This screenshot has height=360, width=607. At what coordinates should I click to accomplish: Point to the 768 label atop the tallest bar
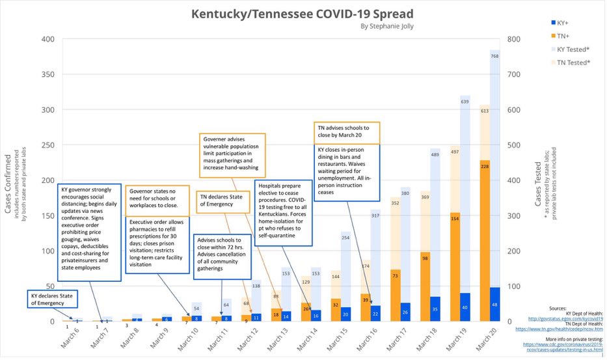[494, 56]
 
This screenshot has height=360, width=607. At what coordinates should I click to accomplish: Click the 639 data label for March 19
[465, 102]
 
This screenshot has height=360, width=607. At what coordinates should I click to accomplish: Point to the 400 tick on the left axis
[47, 40]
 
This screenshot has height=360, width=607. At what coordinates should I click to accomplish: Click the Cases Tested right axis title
[538, 185]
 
